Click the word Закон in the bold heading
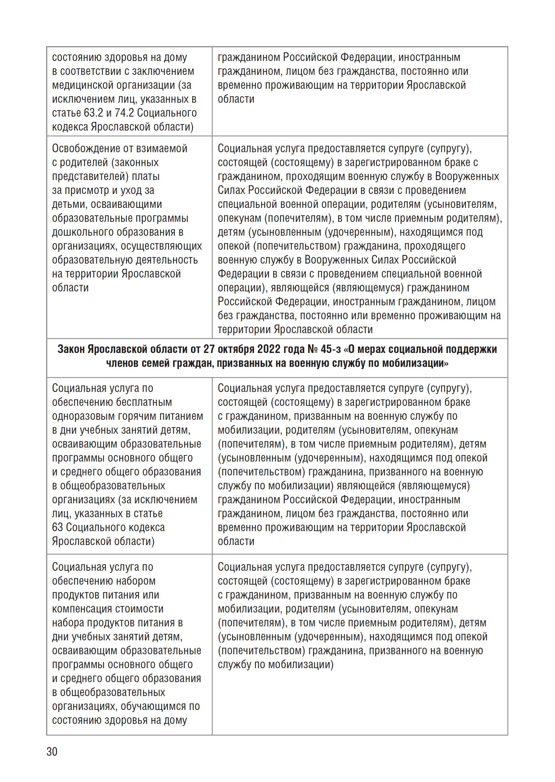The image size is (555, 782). (71, 349)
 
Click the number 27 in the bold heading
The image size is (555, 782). (208, 349)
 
